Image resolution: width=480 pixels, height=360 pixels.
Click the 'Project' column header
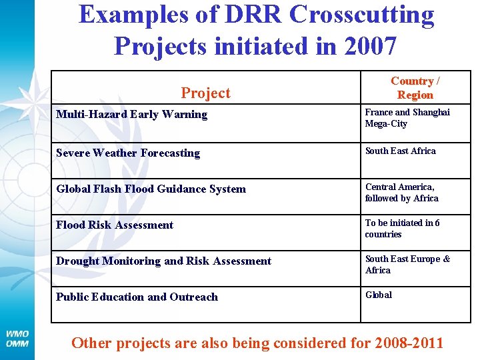click(205, 93)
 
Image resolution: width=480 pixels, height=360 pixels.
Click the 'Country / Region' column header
click(415, 88)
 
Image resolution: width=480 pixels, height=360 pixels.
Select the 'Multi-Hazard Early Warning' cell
click(131, 115)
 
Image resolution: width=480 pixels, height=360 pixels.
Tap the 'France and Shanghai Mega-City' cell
click(407, 118)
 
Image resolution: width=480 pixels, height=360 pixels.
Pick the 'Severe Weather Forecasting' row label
click(128, 153)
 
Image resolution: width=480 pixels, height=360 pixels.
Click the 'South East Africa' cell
click(400, 151)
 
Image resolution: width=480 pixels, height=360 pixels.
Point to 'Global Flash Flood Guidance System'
click(151, 189)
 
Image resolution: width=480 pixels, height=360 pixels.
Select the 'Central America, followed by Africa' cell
click(401, 193)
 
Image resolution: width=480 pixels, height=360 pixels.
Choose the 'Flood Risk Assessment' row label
click(115, 225)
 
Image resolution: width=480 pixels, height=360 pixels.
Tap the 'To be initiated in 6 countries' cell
click(402, 229)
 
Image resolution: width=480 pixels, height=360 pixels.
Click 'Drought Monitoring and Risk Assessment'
click(163, 261)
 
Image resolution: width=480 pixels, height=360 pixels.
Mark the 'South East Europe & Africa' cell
click(407, 265)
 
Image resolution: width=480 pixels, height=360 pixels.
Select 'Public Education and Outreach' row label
click(137, 297)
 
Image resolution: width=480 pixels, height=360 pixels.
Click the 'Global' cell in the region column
click(379, 295)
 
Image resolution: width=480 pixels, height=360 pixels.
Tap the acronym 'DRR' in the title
click(229, 15)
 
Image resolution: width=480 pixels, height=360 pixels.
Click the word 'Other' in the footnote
click(91, 343)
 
